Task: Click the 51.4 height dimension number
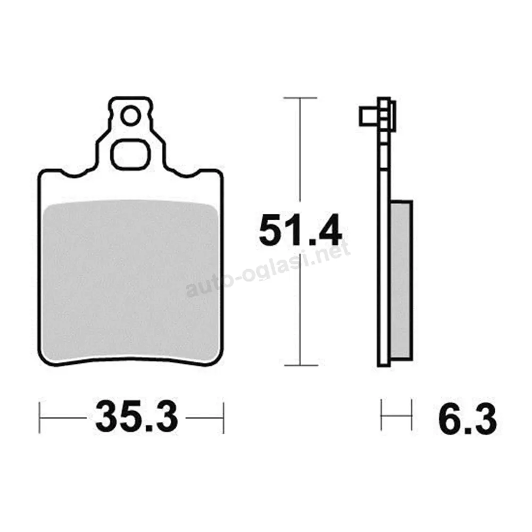tap(300, 230)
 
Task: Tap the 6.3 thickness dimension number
tap(468, 420)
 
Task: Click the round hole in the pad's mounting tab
tap(130, 116)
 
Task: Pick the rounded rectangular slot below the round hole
tap(130, 154)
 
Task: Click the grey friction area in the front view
tap(131, 281)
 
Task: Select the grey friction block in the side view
tap(401, 279)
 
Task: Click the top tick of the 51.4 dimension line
tap(300, 98)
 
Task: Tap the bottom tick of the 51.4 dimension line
tap(301, 365)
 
